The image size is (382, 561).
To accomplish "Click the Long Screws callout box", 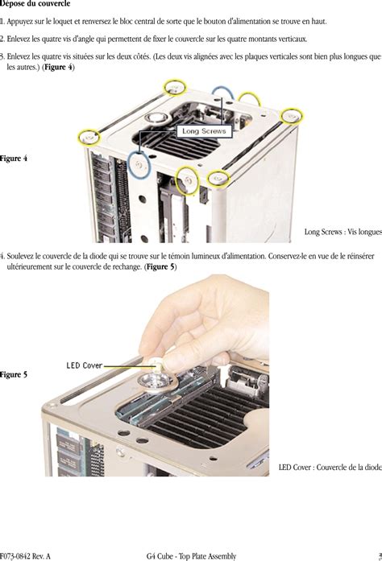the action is [204, 131].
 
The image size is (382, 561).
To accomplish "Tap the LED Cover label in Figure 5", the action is [85, 365].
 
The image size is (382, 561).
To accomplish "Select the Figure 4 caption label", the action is [14, 158].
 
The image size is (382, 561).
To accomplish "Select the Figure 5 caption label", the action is [14, 374].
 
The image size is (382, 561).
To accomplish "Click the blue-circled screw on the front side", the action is [139, 165].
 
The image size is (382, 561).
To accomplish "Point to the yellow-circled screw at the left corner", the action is [89, 137].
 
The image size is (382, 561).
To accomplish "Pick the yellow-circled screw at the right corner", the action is [292, 116].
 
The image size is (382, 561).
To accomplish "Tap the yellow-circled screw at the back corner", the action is [175, 88].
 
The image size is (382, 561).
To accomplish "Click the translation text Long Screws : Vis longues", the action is [343, 232].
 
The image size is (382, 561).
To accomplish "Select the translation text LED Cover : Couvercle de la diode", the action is [330, 468].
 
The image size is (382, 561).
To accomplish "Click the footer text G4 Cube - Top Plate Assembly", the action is [191, 555].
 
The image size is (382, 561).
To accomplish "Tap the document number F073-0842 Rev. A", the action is [25, 556].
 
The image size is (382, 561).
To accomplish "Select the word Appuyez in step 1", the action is [19, 22].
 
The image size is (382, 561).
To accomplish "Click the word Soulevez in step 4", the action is [19, 256].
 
